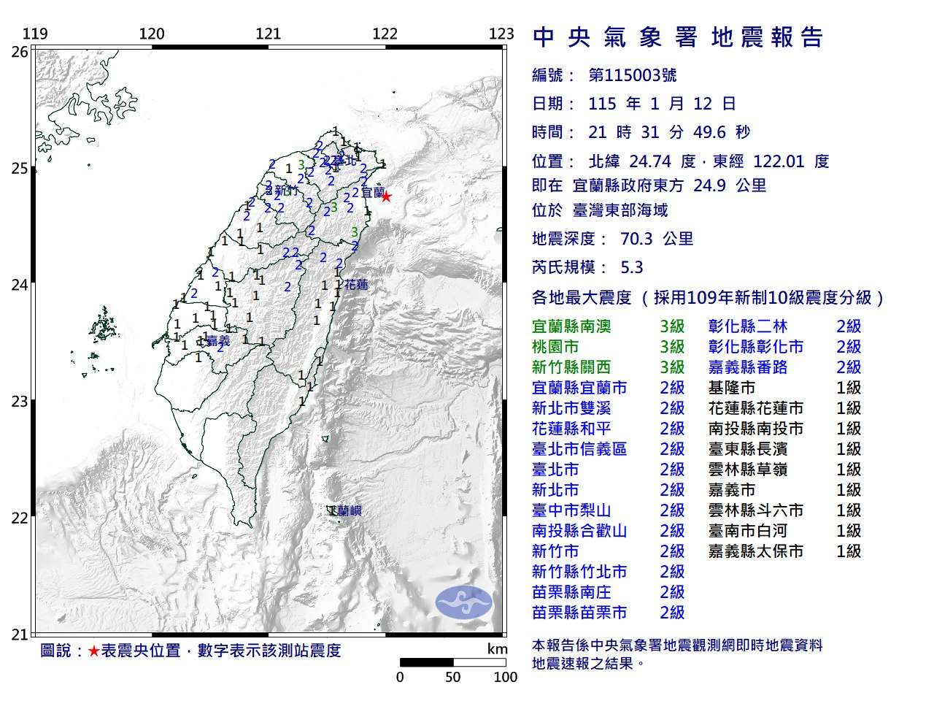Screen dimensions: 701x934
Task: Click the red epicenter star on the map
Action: (x=386, y=196)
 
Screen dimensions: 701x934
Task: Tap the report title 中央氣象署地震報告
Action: (x=679, y=37)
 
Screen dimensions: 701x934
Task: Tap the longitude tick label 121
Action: (x=269, y=34)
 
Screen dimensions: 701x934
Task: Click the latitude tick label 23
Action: (x=20, y=401)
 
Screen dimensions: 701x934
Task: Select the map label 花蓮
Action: (x=356, y=285)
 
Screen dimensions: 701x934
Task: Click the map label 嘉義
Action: (x=217, y=340)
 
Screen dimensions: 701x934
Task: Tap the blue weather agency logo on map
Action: (x=464, y=603)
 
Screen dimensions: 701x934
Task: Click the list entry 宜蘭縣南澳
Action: (x=571, y=326)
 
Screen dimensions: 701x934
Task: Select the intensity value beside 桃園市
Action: (x=672, y=347)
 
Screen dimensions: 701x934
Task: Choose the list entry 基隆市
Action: (x=732, y=388)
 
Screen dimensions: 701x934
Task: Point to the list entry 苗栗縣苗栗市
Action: (x=579, y=613)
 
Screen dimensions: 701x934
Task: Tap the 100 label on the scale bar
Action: (x=505, y=677)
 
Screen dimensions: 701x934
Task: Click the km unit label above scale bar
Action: (x=497, y=649)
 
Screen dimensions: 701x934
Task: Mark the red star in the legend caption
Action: (x=93, y=651)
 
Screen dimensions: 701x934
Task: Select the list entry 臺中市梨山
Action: (x=571, y=510)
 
